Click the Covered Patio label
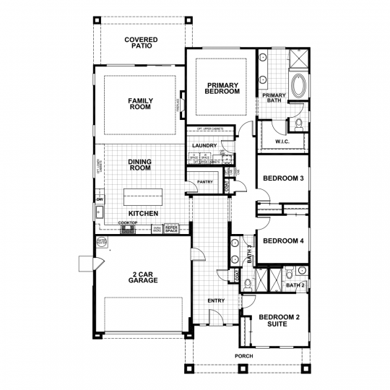pos(141,43)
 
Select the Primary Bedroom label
pos(222,88)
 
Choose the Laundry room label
pos(205,146)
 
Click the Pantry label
pos(205,182)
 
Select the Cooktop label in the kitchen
pos(128,223)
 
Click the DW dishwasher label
pos(100,199)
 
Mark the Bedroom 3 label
pos(282,178)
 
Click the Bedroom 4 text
pos(282,240)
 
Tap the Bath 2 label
pos(295,285)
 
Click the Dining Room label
pos(139,165)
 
